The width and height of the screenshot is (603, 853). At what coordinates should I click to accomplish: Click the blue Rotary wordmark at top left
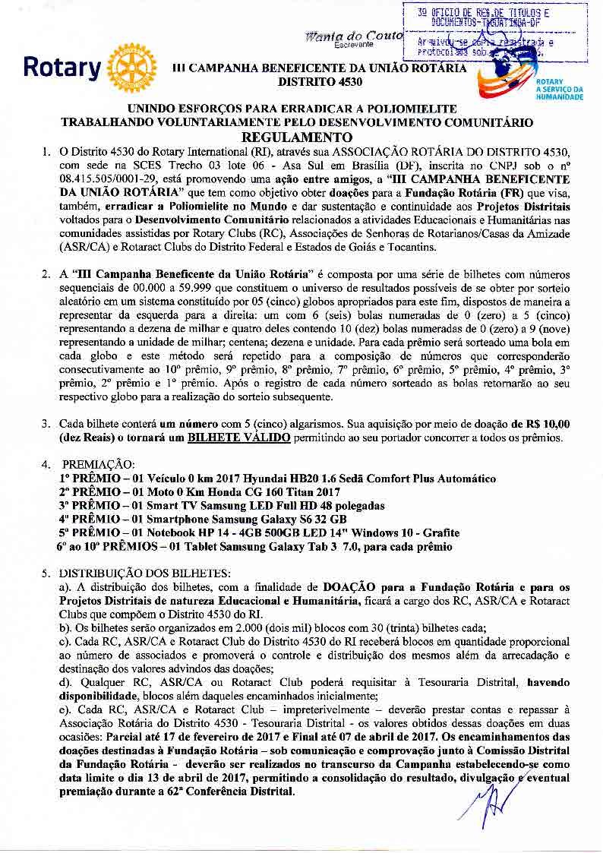pyautogui.click(x=62, y=68)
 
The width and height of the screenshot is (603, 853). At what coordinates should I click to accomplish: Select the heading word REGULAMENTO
pyautogui.click(x=299, y=137)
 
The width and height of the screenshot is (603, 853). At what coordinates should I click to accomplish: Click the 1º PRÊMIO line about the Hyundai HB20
pyautogui.click(x=277, y=479)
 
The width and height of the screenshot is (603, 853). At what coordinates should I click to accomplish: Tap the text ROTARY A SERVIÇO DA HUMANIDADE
pyautogui.click(x=559, y=90)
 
